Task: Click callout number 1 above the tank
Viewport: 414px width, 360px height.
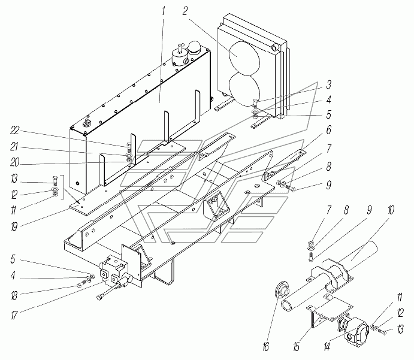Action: point(164,11)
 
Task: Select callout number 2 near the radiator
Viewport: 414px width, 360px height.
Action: point(185,11)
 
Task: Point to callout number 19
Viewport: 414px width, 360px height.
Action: point(14,226)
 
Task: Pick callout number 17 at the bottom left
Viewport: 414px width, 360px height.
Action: point(14,315)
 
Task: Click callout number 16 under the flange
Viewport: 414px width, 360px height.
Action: point(266,347)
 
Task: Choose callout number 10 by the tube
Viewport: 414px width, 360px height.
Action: point(391,211)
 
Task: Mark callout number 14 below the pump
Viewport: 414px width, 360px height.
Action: point(327,347)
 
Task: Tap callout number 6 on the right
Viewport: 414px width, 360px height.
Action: point(328,130)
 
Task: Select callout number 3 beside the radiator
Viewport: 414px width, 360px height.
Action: point(328,85)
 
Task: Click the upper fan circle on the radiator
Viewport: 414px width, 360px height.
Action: point(244,58)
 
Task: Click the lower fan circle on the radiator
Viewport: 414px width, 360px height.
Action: point(244,89)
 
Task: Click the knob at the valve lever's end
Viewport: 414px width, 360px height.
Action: point(100,297)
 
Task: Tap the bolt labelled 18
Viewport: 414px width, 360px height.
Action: point(80,285)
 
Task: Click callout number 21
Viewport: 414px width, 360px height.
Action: point(14,147)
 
